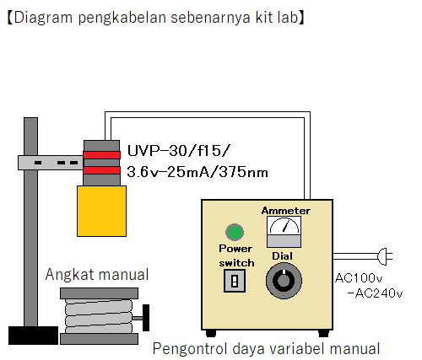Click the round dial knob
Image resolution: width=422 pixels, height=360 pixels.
point(281,282)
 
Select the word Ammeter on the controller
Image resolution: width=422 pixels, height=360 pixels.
point(285,211)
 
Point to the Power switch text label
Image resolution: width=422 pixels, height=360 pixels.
point(235,255)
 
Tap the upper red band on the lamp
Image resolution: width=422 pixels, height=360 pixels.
point(101,155)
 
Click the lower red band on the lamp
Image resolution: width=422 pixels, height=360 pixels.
point(101,170)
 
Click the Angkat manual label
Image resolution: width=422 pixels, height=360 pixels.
point(97,274)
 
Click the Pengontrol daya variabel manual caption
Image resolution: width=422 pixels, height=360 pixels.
point(266,348)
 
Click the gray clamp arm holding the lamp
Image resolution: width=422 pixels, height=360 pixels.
point(51,160)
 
